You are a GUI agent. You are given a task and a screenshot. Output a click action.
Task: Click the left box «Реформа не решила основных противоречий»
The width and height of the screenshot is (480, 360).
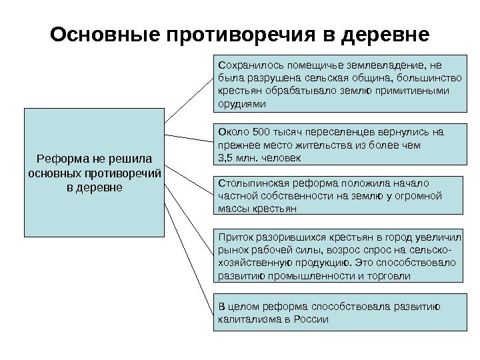pyautogui.click(x=94, y=172)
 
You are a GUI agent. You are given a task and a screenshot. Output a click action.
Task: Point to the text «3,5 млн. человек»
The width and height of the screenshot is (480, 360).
pyautogui.click(x=260, y=158)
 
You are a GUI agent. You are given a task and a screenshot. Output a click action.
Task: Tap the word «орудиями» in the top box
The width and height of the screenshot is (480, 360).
pyautogui.click(x=241, y=105)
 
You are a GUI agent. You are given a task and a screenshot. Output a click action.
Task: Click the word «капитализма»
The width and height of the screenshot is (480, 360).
pyautogui.click(x=246, y=319)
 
